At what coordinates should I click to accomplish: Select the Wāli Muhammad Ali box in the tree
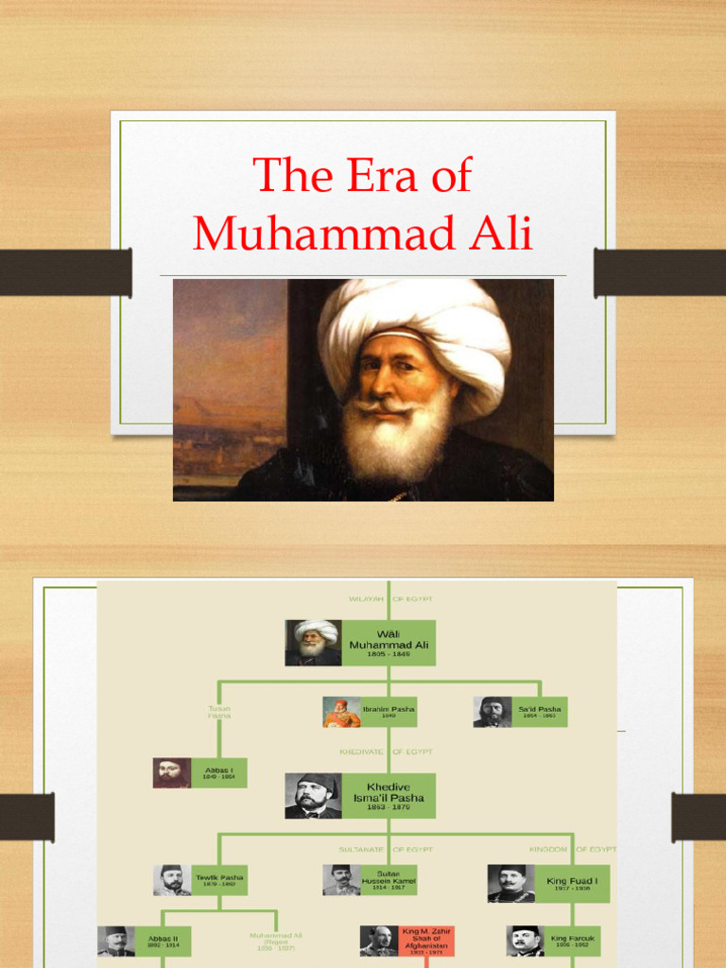[389, 643]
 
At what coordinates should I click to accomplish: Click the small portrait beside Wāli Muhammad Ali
[314, 643]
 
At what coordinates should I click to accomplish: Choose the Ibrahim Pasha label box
[389, 712]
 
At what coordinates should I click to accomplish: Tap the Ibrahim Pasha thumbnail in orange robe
[341, 712]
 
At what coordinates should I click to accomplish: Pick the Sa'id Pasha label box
[540, 712]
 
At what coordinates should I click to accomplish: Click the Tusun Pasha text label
[218, 712]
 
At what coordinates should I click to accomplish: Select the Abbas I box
[219, 772]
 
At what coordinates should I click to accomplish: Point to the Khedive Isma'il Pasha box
[389, 796]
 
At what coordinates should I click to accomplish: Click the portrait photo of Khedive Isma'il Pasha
[314, 796]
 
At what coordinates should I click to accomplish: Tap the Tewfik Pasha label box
[219, 880]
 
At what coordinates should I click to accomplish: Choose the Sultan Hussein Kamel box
[389, 880]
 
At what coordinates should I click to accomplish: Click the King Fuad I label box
[572, 883]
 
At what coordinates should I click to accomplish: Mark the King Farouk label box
[572, 941]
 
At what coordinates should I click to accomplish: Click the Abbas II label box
[163, 941]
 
